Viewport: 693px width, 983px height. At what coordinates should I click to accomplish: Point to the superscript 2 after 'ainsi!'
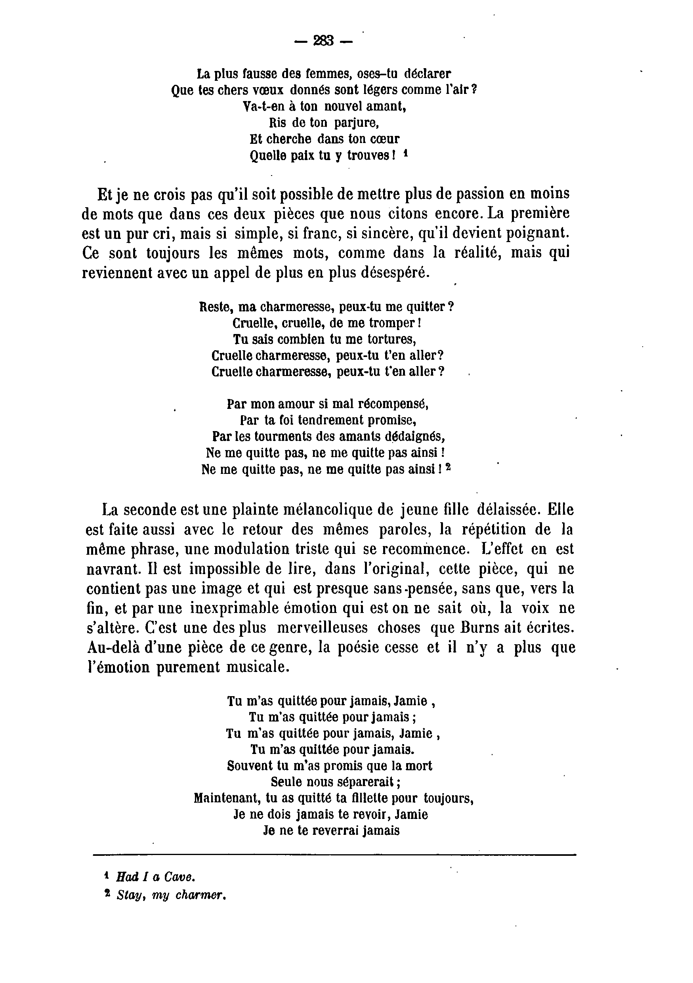click(448, 468)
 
